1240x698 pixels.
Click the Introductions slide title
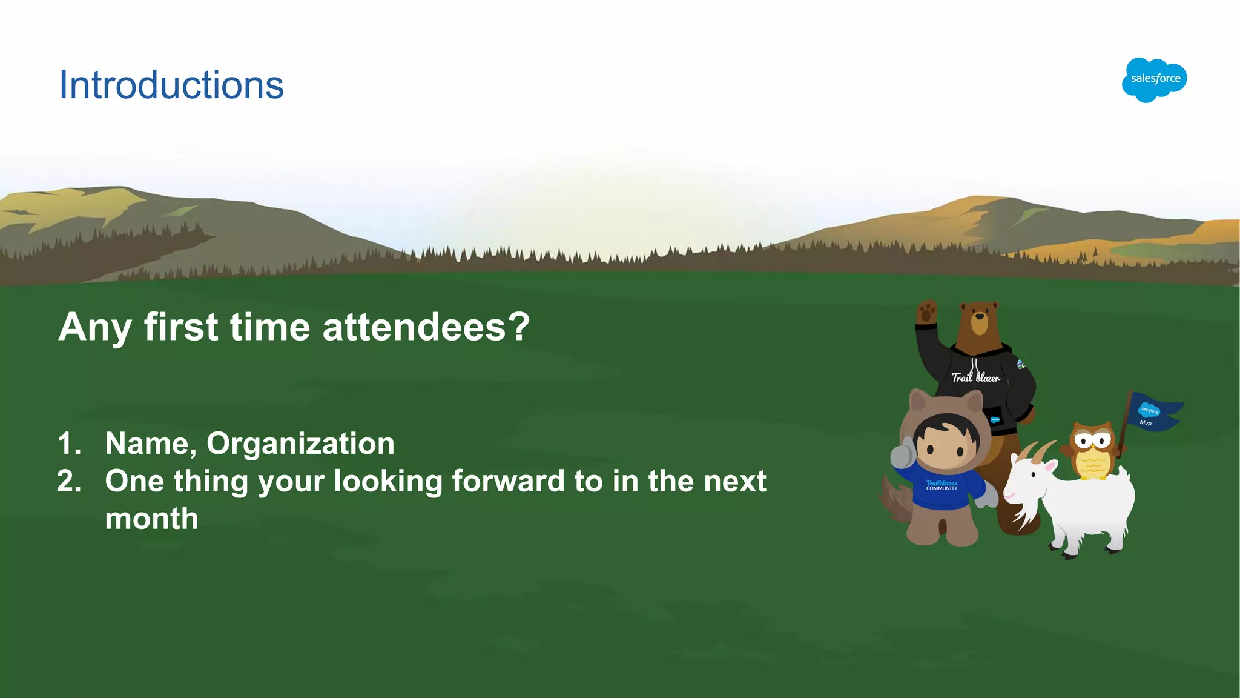click(x=171, y=85)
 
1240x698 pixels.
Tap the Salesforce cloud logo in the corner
click(x=1154, y=79)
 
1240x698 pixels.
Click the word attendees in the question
click(x=414, y=327)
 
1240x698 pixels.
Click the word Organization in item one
click(x=300, y=444)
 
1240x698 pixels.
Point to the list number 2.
click(x=69, y=482)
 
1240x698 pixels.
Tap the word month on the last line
click(x=151, y=519)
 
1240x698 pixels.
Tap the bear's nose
click(x=979, y=316)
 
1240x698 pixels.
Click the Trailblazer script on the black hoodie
click(x=975, y=377)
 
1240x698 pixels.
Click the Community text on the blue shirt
click(x=942, y=488)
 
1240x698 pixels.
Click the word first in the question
click(x=180, y=327)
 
